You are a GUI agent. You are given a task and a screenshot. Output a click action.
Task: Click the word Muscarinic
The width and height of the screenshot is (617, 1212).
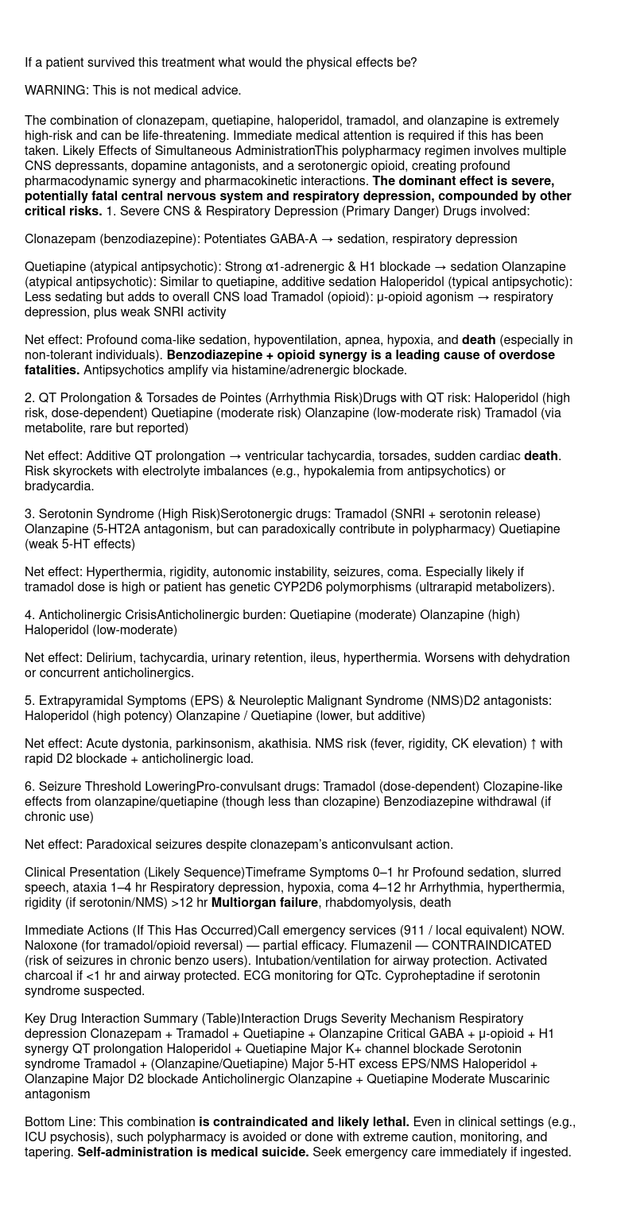coord(517,1079)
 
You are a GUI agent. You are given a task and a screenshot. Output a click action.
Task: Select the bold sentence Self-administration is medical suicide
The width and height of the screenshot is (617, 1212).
coord(193,1152)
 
